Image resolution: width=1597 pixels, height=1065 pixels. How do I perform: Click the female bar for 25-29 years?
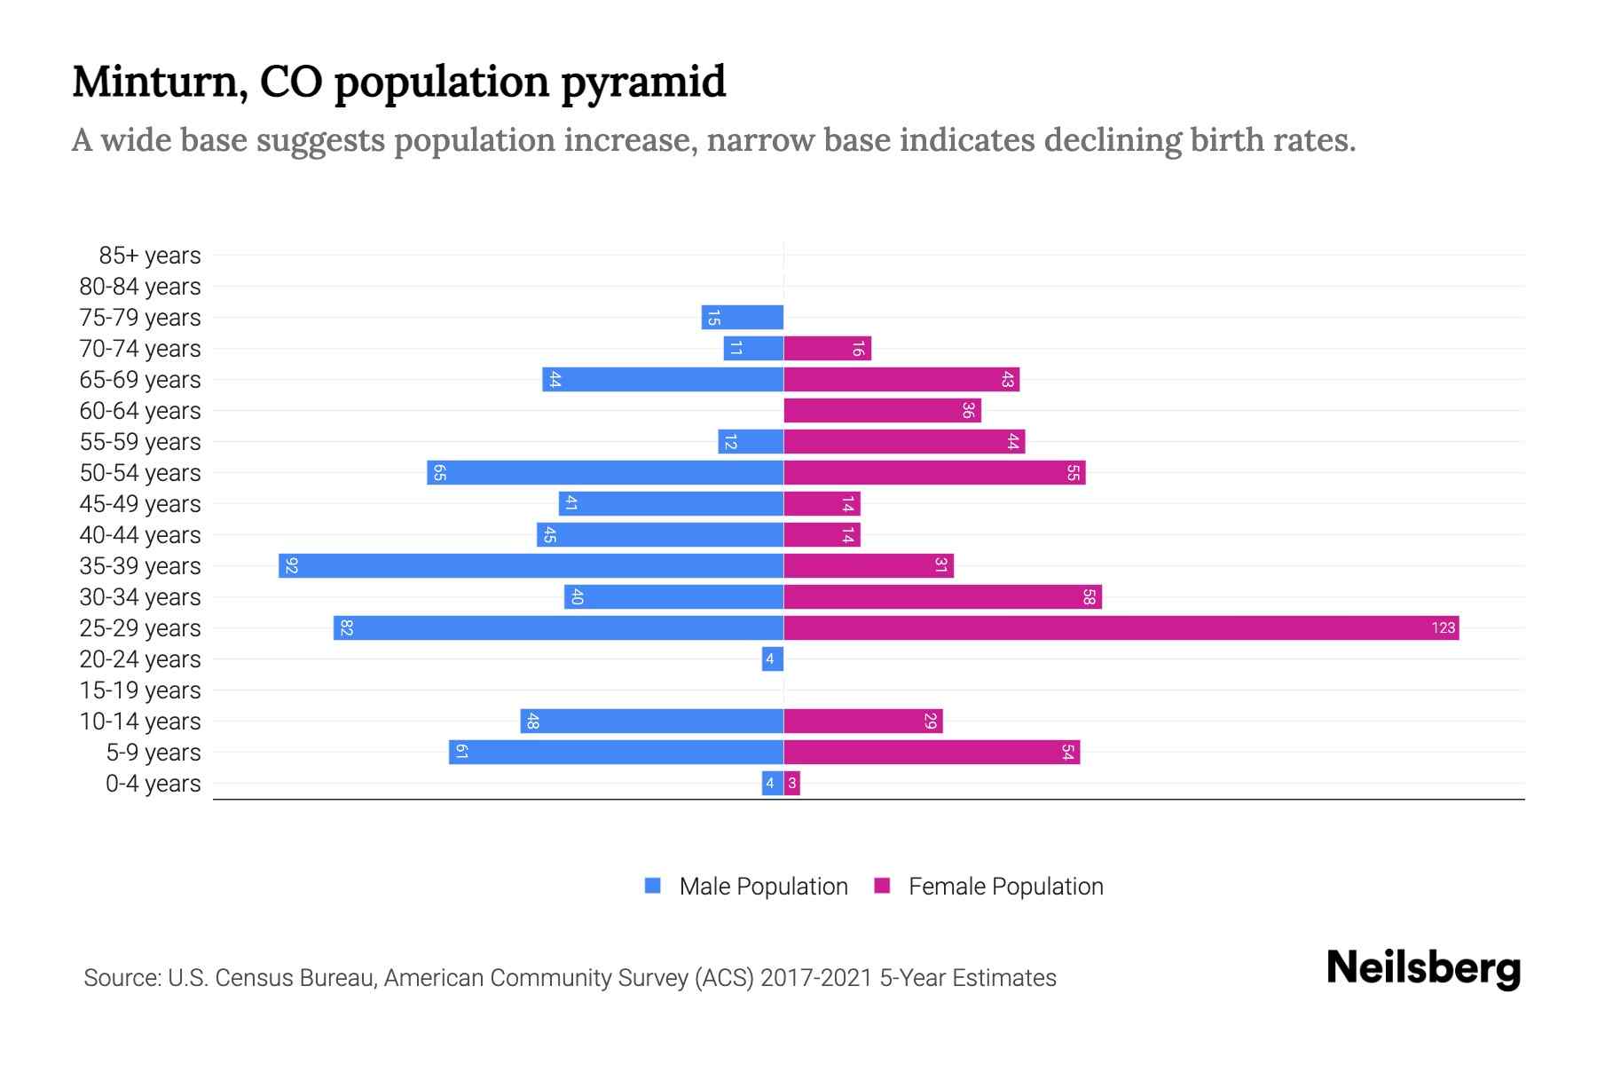click(x=1121, y=628)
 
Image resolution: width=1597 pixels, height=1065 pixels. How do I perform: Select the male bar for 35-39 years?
click(x=531, y=566)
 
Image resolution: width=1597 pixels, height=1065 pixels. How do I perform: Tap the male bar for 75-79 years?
click(x=743, y=318)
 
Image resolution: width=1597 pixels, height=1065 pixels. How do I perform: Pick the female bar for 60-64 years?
click(x=882, y=411)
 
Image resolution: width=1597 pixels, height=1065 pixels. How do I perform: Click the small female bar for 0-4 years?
click(x=792, y=784)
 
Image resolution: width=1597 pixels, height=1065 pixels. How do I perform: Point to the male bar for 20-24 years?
click(x=772, y=659)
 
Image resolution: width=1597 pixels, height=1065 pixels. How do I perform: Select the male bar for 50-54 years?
click(x=605, y=473)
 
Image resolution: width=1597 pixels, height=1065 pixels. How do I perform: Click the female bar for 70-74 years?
click(x=827, y=349)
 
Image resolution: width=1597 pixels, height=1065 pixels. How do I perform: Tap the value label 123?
click(x=1443, y=628)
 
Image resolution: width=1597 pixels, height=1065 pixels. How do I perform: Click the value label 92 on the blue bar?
click(x=292, y=566)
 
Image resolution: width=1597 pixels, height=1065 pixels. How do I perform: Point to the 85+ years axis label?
click(x=149, y=256)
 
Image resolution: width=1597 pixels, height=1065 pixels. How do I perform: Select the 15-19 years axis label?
click(x=140, y=690)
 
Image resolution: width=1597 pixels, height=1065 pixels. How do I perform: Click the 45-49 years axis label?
click(x=140, y=504)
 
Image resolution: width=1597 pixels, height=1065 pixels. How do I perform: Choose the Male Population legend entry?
click(x=762, y=887)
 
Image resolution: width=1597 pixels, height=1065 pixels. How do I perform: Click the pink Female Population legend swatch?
click(x=882, y=886)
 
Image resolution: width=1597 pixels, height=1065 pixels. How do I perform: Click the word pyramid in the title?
click(x=643, y=83)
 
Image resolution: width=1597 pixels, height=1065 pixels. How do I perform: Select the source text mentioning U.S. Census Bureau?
click(x=570, y=978)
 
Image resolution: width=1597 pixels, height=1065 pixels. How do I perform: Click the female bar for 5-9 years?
click(x=932, y=753)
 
